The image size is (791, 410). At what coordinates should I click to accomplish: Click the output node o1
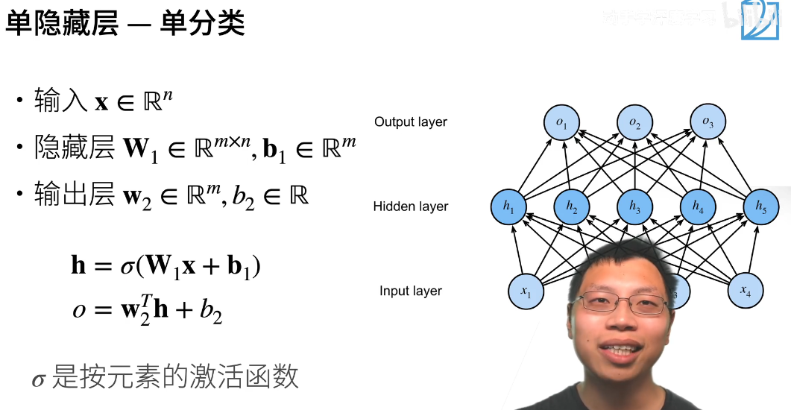562,124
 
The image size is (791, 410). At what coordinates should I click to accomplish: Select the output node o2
634,124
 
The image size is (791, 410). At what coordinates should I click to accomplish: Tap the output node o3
708,124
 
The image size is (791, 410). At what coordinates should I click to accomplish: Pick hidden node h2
572,208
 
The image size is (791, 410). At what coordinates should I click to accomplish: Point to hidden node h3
634,208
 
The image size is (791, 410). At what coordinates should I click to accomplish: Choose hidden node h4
698,208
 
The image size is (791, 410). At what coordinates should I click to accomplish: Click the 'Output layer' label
411,122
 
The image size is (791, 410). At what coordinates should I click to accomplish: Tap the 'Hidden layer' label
411,206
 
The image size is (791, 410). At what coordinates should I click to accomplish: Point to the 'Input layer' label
411,291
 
